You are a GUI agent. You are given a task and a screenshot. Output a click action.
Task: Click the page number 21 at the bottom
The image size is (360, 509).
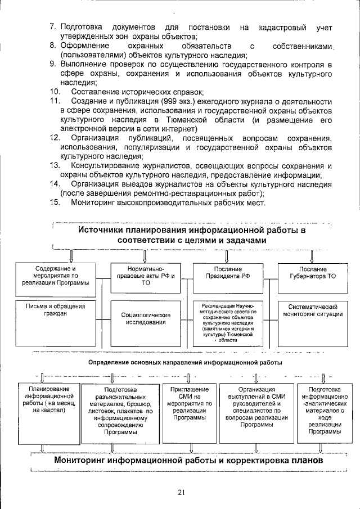click(x=181, y=493)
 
